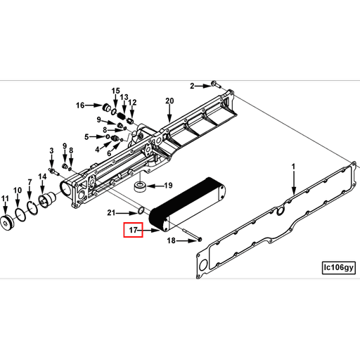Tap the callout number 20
coord(169,101)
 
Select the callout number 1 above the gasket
coord(294,167)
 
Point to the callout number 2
coord(191,86)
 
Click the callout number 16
coord(80,105)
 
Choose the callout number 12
coord(131,103)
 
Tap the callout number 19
coord(168,186)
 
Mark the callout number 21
coord(110,212)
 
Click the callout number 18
coord(171,240)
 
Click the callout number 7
coord(30,183)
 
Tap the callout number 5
coord(87,136)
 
